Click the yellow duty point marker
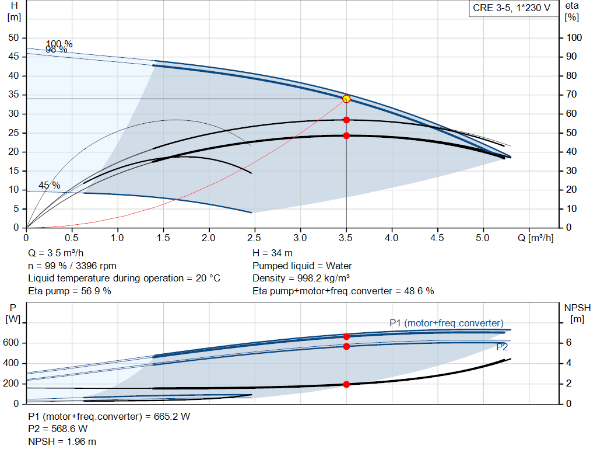(x=346, y=99)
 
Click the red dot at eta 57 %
(x=346, y=120)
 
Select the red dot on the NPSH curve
(x=346, y=384)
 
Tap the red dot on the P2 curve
(x=346, y=346)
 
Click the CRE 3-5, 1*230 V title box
(x=511, y=9)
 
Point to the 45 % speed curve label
(x=50, y=185)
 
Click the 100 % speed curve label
(x=59, y=44)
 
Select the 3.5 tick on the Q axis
(x=346, y=238)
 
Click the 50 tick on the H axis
(x=12, y=37)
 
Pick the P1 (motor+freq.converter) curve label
(x=446, y=323)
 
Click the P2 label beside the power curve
(x=502, y=347)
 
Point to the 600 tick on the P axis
(x=13, y=343)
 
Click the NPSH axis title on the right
(x=577, y=307)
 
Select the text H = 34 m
(x=272, y=253)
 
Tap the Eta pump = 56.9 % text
(x=69, y=290)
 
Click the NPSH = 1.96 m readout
(x=62, y=441)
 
